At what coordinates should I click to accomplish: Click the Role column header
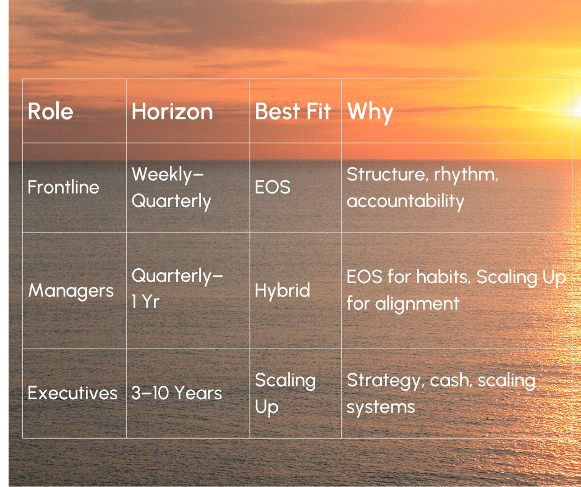coord(51,112)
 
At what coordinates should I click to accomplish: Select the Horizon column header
coord(172,112)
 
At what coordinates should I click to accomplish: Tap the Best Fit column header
coord(293,112)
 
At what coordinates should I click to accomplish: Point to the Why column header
coord(370,112)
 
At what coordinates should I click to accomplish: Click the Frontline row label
coord(64,187)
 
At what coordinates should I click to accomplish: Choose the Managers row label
coord(71,290)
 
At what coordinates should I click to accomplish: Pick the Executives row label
coord(73,393)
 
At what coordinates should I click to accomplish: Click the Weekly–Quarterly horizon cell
coord(171,188)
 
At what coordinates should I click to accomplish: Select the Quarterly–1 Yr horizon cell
coord(177,289)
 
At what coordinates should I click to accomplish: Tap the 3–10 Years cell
coord(177,393)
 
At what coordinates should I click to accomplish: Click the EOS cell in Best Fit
coord(273,187)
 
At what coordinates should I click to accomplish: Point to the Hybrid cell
coord(282,290)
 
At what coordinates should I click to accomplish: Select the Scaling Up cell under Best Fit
coord(286,394)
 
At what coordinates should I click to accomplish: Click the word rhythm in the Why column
coord(466,174)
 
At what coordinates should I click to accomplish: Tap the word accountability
coord(405,201)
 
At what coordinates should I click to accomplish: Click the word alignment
coord(417,304)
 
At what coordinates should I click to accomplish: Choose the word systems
coord(381,408)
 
